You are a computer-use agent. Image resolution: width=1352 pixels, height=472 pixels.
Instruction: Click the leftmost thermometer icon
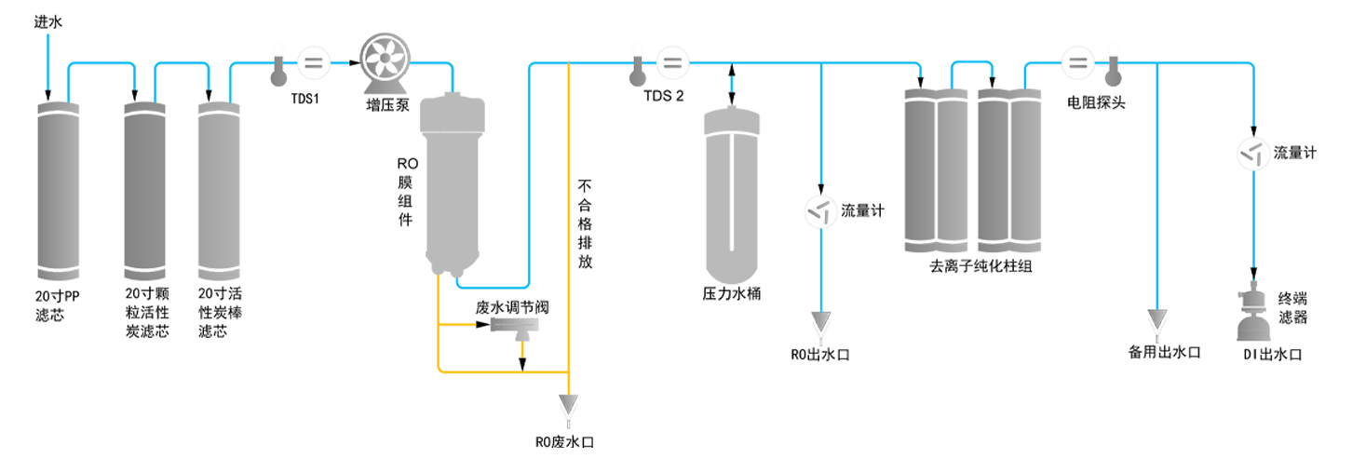coord(277,70)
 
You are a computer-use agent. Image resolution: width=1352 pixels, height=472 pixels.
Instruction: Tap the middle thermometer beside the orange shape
coord(637,70)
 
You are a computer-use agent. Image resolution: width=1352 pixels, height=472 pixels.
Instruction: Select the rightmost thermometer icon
coord(1112,70)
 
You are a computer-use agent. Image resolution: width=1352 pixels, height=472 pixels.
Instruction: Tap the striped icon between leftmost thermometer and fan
coord(314,62)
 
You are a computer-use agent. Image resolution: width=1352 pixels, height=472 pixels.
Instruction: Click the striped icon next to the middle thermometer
coord(673,62)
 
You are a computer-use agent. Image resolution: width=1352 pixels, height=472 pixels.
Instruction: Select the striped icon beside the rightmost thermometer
coord(1079,63)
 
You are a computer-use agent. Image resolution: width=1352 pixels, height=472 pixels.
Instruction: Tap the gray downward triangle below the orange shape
coord(566,409)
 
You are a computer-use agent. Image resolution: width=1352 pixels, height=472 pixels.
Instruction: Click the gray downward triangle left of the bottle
coord(1157,322)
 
